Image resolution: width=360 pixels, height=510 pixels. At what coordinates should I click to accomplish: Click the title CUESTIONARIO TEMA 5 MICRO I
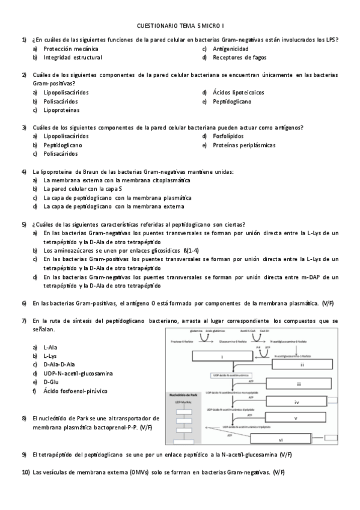pyautogui.click(x=180, y=26)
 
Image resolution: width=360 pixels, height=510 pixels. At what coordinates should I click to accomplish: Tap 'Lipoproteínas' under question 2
pyautogui.click(x=61, y=111)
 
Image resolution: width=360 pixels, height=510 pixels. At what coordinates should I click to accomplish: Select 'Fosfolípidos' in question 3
pyautogui.click(x=229, y=137)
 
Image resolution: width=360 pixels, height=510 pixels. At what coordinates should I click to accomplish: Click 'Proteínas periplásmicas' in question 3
pyautogui.click(x=244, y=146)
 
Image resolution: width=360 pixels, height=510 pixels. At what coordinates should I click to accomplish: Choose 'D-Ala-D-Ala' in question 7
pyautogui.click(x=59, y=364)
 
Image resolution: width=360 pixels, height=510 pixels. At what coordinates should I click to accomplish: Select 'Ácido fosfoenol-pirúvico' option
pyautogui.click(x=76, y=392)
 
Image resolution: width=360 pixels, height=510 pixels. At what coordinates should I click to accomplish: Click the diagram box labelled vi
pyautogui.click(x=297, y=440)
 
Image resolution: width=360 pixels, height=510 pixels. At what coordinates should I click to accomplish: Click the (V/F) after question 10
pyautogui.click(x=279, y=473)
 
